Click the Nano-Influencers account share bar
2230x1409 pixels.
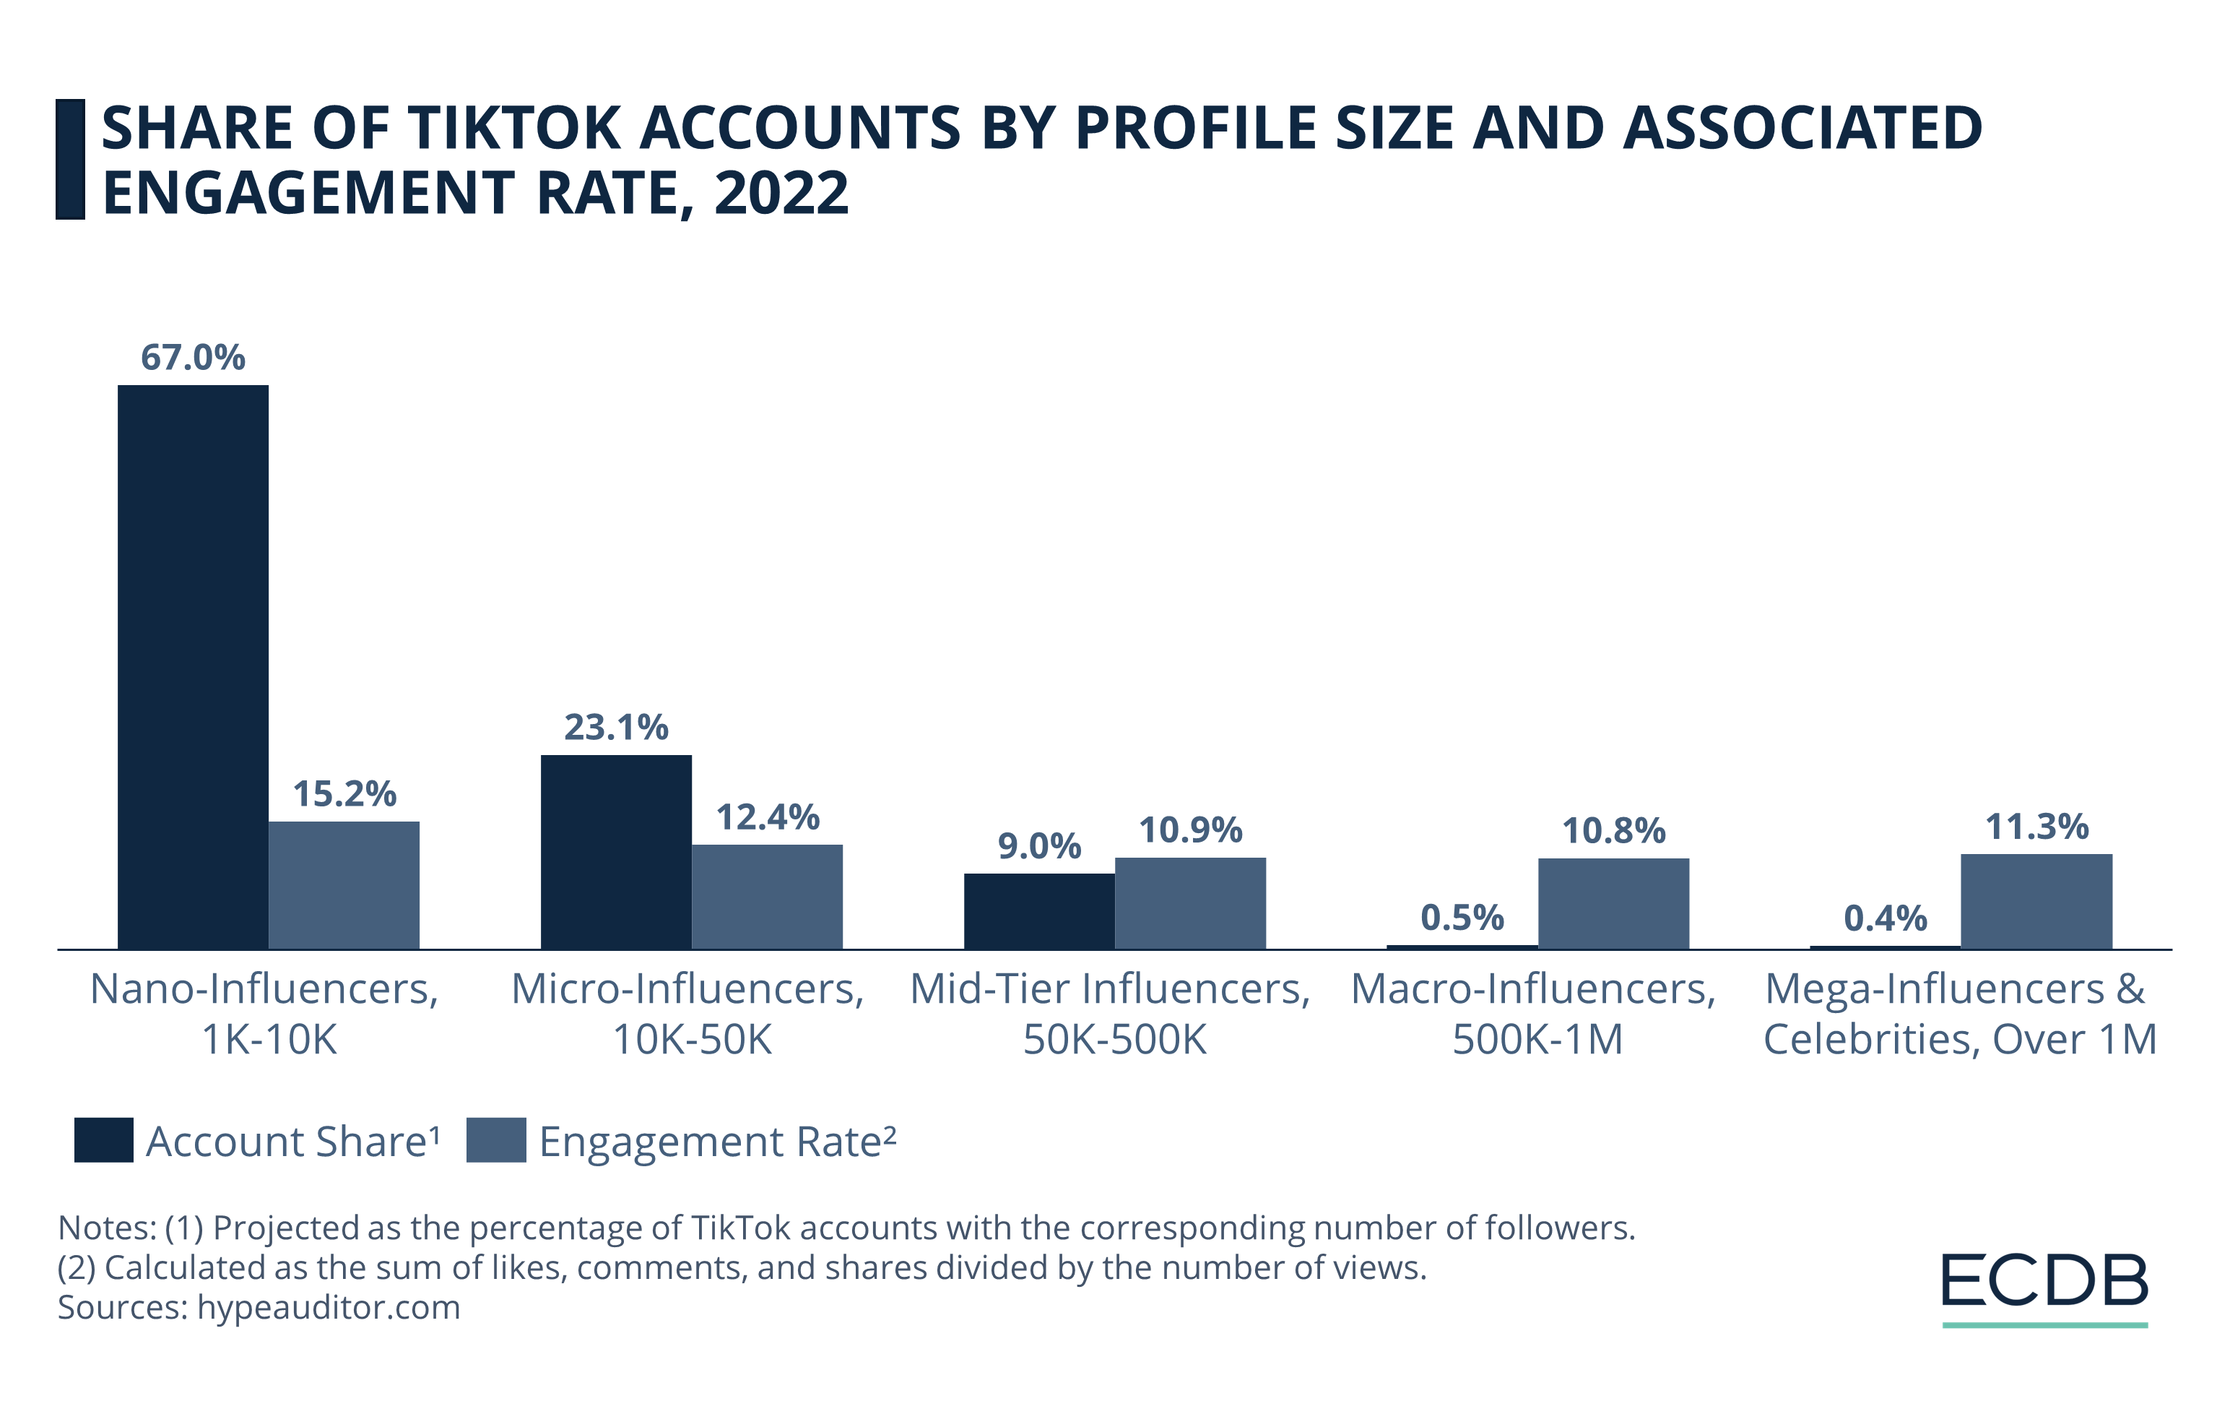[x=193, y=666]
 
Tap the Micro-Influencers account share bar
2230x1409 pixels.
[x=616, y=851]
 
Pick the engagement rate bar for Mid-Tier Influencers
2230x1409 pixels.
[x=1190, y=903]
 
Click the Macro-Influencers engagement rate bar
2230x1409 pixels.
[x=1613, y=903]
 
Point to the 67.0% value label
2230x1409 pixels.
[x=193, y=358]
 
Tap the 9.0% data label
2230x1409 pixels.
[x=1039, y=846]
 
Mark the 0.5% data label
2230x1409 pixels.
[x=1462, y=918]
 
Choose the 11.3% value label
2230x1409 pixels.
[x=2036, y=827]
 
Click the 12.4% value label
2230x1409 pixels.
[x=768, y=817]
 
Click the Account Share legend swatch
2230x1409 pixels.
[x=104, y=1140]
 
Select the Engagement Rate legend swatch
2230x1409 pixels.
[x=495, y=1140]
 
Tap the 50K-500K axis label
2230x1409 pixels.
[x=1114, y=1039]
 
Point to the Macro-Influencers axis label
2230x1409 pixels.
[x=1532, y=989]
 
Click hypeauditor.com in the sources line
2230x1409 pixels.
[x=328, y=1307]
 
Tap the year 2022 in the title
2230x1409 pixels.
[x=781, y=193]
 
